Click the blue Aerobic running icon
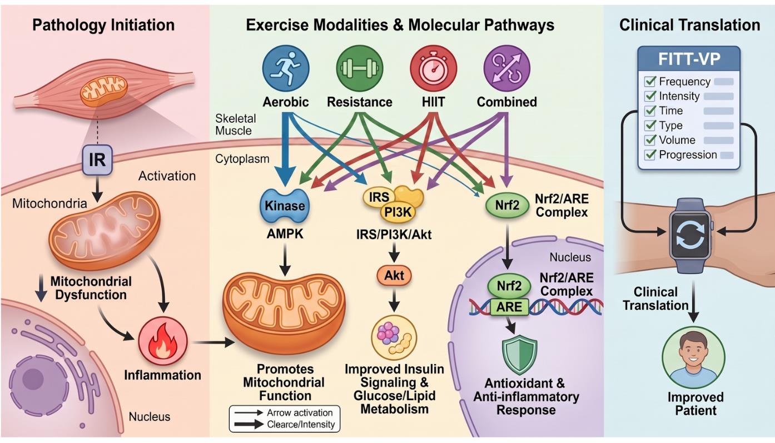click(286, 68)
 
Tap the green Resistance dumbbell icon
click(360, 68)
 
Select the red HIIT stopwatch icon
click(434, 68)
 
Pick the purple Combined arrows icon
click(507, 68)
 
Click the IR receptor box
click(97, 160)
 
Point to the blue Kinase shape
click(285, 206)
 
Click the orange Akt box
click(394, 276)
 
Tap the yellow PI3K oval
click(398, 212)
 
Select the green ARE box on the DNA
click(509, 307)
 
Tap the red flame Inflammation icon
click(162, 342)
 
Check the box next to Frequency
click(650, 82)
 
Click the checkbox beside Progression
click(650, 155)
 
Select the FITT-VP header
click(689, 59)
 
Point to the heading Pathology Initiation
click(103, 25)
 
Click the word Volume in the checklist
click(677, 140)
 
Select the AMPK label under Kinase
click(285, 234)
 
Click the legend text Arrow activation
click(300, 412)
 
